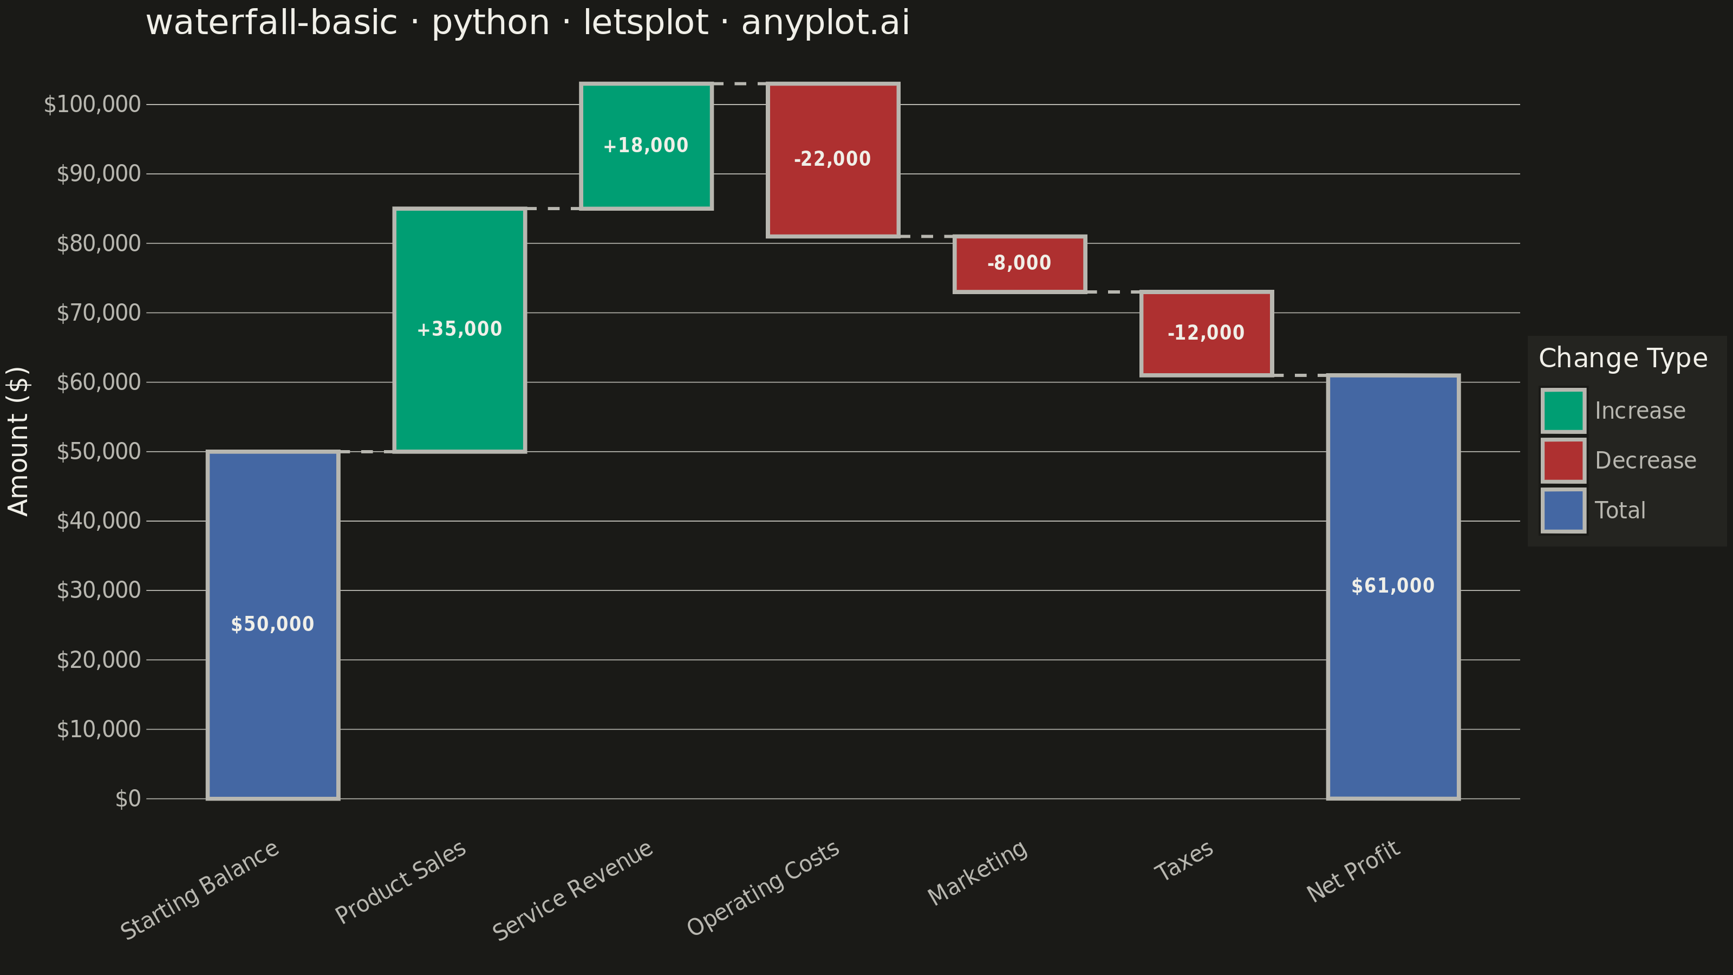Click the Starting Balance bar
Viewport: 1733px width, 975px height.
point(272,625)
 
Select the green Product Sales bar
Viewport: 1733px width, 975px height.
point(459,330)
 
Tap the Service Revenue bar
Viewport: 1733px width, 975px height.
point(646,146)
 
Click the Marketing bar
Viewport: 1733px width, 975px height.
point(1019,264)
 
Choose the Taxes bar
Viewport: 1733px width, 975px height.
point(1206,334)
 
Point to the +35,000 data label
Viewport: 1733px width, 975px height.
point(459,329)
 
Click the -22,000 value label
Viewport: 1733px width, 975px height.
point(832,159)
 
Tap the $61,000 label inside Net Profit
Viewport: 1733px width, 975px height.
point(1392,586)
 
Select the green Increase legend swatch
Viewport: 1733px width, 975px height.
point(1563,411)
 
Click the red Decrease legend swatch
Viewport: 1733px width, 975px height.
point(1563,460)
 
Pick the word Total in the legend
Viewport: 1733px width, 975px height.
point(1620,511)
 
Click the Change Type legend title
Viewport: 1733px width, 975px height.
point(1623,359)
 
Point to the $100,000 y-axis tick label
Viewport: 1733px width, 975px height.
point(92,105)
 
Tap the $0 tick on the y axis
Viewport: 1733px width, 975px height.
point(128,799)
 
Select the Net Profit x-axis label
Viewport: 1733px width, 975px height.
point(1353,872)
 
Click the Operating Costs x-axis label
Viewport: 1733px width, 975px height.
point(763,888)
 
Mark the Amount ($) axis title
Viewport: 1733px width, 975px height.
point(18,441)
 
